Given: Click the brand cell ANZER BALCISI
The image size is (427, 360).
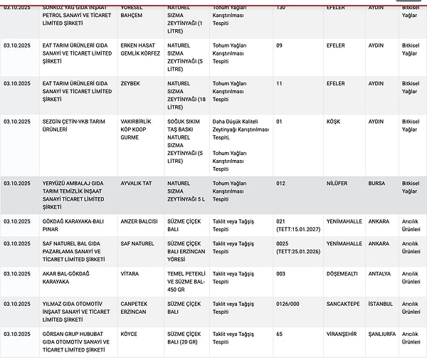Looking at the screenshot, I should click(139, 221).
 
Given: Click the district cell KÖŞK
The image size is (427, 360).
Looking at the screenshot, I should click(333, 122).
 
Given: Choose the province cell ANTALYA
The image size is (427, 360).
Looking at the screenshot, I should click(380, 273).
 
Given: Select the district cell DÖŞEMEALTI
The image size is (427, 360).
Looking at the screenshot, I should click(343, 273).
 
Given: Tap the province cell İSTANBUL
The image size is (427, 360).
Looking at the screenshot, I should click(380, 304).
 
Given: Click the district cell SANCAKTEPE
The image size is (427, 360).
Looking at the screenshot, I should click(343, 304).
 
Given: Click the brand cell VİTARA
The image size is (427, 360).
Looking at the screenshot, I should click(130, 273).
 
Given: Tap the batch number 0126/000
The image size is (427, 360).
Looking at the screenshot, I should click(289, 304).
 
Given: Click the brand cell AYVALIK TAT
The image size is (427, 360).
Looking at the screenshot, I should click(137, 183).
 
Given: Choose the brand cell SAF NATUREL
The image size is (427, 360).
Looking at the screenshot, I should click(137, 243).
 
